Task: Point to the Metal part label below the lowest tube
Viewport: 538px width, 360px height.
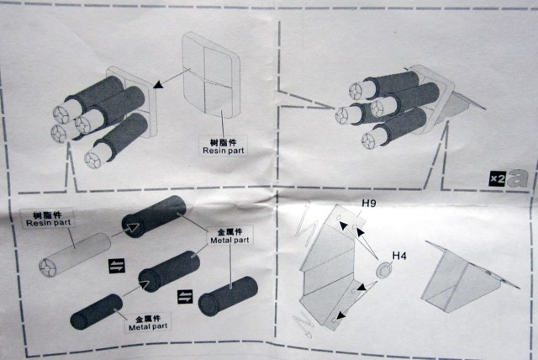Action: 150,324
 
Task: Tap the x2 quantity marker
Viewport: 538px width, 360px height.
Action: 495,178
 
